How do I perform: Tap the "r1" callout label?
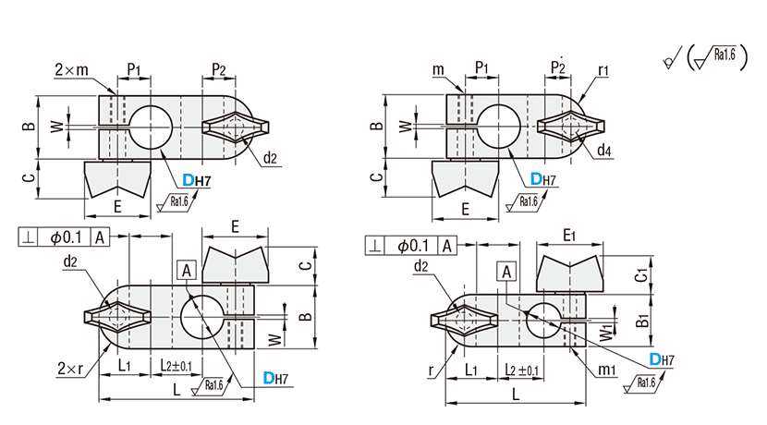(603, 69)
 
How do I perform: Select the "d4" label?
(603, 151)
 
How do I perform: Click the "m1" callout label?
(606, 370)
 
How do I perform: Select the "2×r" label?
(67, 367)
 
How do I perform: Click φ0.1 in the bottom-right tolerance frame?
(414, 246)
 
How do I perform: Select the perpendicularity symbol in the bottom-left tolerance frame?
(30, 237)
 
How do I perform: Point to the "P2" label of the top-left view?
(219, 70)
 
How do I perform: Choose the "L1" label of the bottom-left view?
(127, 367)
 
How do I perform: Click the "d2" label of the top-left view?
(269, 157)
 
